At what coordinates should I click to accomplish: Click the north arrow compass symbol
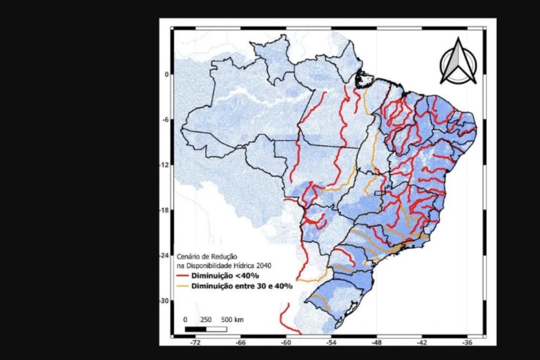tap(458, 62)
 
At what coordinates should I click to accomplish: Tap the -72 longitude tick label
tap(195, 342)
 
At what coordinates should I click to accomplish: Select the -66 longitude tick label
tap(240, 342)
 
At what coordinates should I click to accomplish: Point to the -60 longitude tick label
tap(286, 342)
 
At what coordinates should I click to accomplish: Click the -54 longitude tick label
tap(331, 342)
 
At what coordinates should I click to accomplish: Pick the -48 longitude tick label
tap(377, 342)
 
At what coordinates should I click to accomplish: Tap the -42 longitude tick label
tap(422, 342)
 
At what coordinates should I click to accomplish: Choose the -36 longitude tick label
tap(468, 342)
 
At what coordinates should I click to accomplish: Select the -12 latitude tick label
tap(164, 165)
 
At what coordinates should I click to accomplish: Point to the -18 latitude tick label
tap(164, 210)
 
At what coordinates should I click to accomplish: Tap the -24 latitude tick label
tap(164, 255)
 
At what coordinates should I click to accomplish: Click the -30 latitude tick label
tap(164, 301)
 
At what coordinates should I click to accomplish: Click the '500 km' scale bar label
tap(232, 319)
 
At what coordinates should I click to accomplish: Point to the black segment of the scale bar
tap(195, 329)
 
